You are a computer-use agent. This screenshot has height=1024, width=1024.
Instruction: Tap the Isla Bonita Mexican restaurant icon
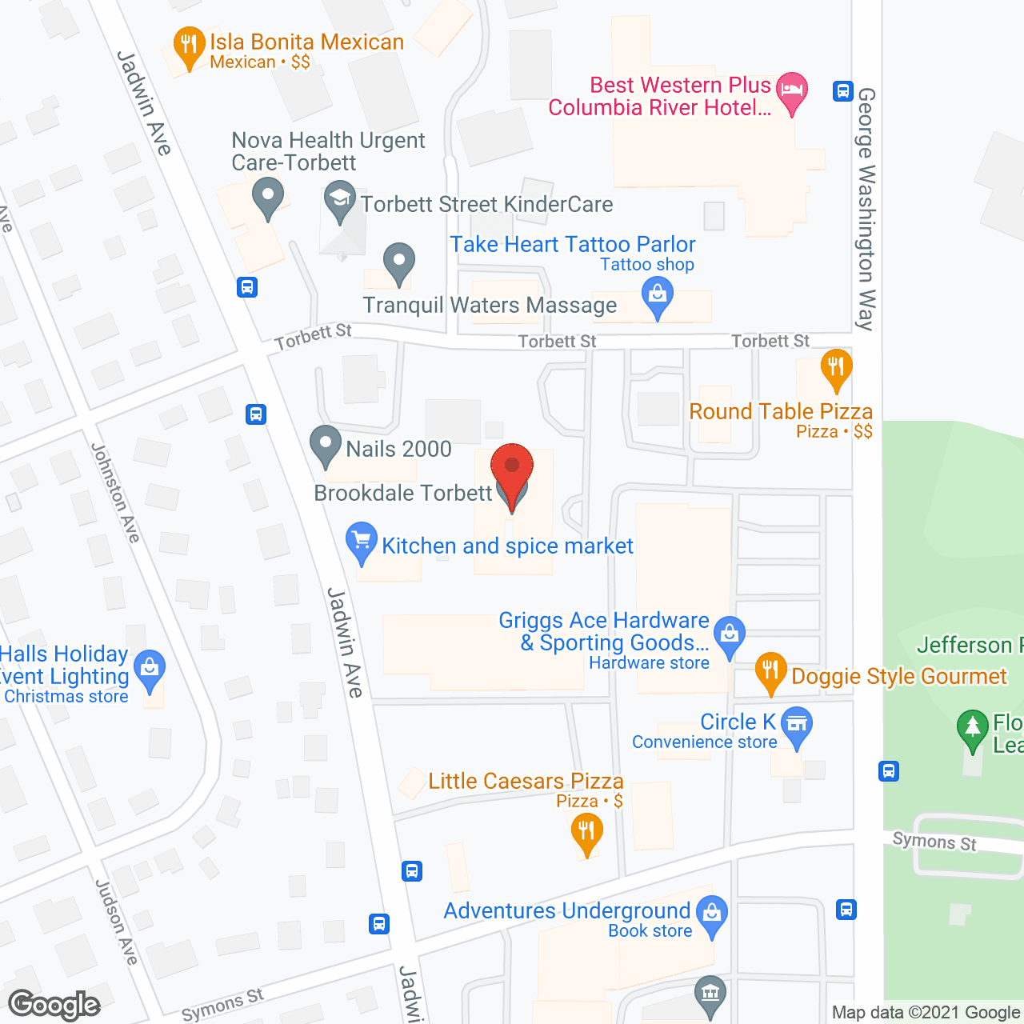click(x=189, y=46)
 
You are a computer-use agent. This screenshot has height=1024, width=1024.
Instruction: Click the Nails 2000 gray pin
click(x=326, y=444)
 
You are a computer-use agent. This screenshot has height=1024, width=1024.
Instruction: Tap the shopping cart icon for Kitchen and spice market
click(x=362, y=541)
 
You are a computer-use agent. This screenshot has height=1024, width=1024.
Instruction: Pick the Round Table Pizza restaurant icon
click(x=836, y=368)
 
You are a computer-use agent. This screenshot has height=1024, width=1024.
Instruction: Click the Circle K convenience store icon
click(x=796, y=726)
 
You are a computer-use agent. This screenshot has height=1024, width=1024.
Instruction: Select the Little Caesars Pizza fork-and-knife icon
click(x=586, y=831)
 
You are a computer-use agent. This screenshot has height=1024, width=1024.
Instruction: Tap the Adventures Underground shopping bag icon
click(x=711, y=914)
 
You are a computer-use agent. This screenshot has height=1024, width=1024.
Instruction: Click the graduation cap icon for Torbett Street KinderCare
click(x=340, y=200)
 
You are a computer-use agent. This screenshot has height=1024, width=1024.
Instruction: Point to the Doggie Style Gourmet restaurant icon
click(x=771, y=671)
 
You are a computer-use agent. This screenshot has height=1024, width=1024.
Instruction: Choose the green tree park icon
click(x=973, y=729)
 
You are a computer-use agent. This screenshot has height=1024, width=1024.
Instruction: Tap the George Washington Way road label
click(x=866, y=208)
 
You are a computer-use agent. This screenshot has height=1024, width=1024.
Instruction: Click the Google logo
click(x=54, y=1005)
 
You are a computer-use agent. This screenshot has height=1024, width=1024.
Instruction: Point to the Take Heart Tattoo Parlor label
click(x=573, y=244)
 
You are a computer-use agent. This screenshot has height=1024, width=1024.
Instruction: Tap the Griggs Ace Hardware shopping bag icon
click(x=730, y=634)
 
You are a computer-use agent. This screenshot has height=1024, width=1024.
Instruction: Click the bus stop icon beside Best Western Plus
click(x=842, y=90)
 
